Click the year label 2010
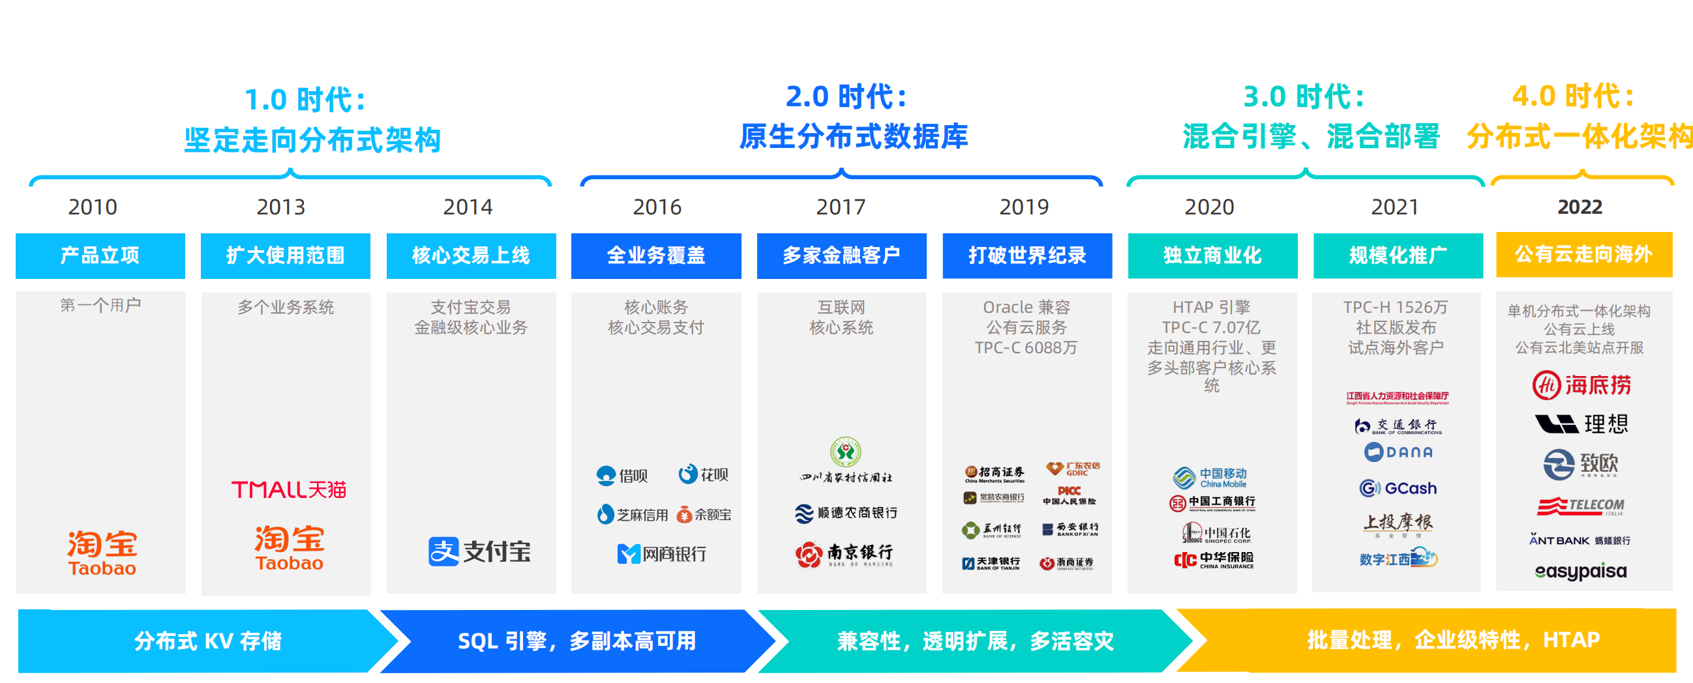click(93, 207)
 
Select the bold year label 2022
click(1580, 207)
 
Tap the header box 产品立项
click(100, 255)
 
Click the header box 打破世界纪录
click(1026, 255)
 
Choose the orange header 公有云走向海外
click(1583, 254)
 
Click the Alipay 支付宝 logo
click(479, 551)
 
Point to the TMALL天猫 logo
click(288, 489)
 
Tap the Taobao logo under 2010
click(102, 552)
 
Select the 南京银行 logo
click(844, 554)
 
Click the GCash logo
click(1398, 488)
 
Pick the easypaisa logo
click(1581, 572)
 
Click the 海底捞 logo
click(1581, 385)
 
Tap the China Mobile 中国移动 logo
click(1210, 478)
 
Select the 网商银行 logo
click(661, 553)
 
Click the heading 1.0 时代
click(306, 100)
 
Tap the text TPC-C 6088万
click(1026, 347)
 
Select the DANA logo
click(1398, 452)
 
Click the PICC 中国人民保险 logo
click(1070, 495)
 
